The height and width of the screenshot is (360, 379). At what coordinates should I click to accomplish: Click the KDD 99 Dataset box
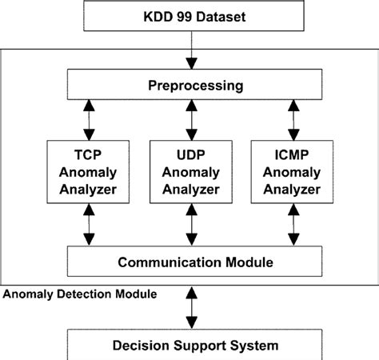[189, 16]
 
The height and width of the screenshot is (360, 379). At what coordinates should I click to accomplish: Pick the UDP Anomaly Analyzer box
[190, 170]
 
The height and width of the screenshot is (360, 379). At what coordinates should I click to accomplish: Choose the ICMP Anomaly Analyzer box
[292, 170]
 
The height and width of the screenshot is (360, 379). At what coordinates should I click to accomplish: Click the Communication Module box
[189, 261]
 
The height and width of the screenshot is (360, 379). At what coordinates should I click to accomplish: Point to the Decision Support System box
[189, 346]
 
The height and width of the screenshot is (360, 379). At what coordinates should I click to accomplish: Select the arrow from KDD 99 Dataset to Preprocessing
[189, 50]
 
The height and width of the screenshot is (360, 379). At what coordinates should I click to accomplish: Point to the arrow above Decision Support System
[189, 305]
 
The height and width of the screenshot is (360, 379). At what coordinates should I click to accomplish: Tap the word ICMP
[292, 152]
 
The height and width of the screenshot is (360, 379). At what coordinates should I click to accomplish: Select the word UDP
[190, 152]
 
